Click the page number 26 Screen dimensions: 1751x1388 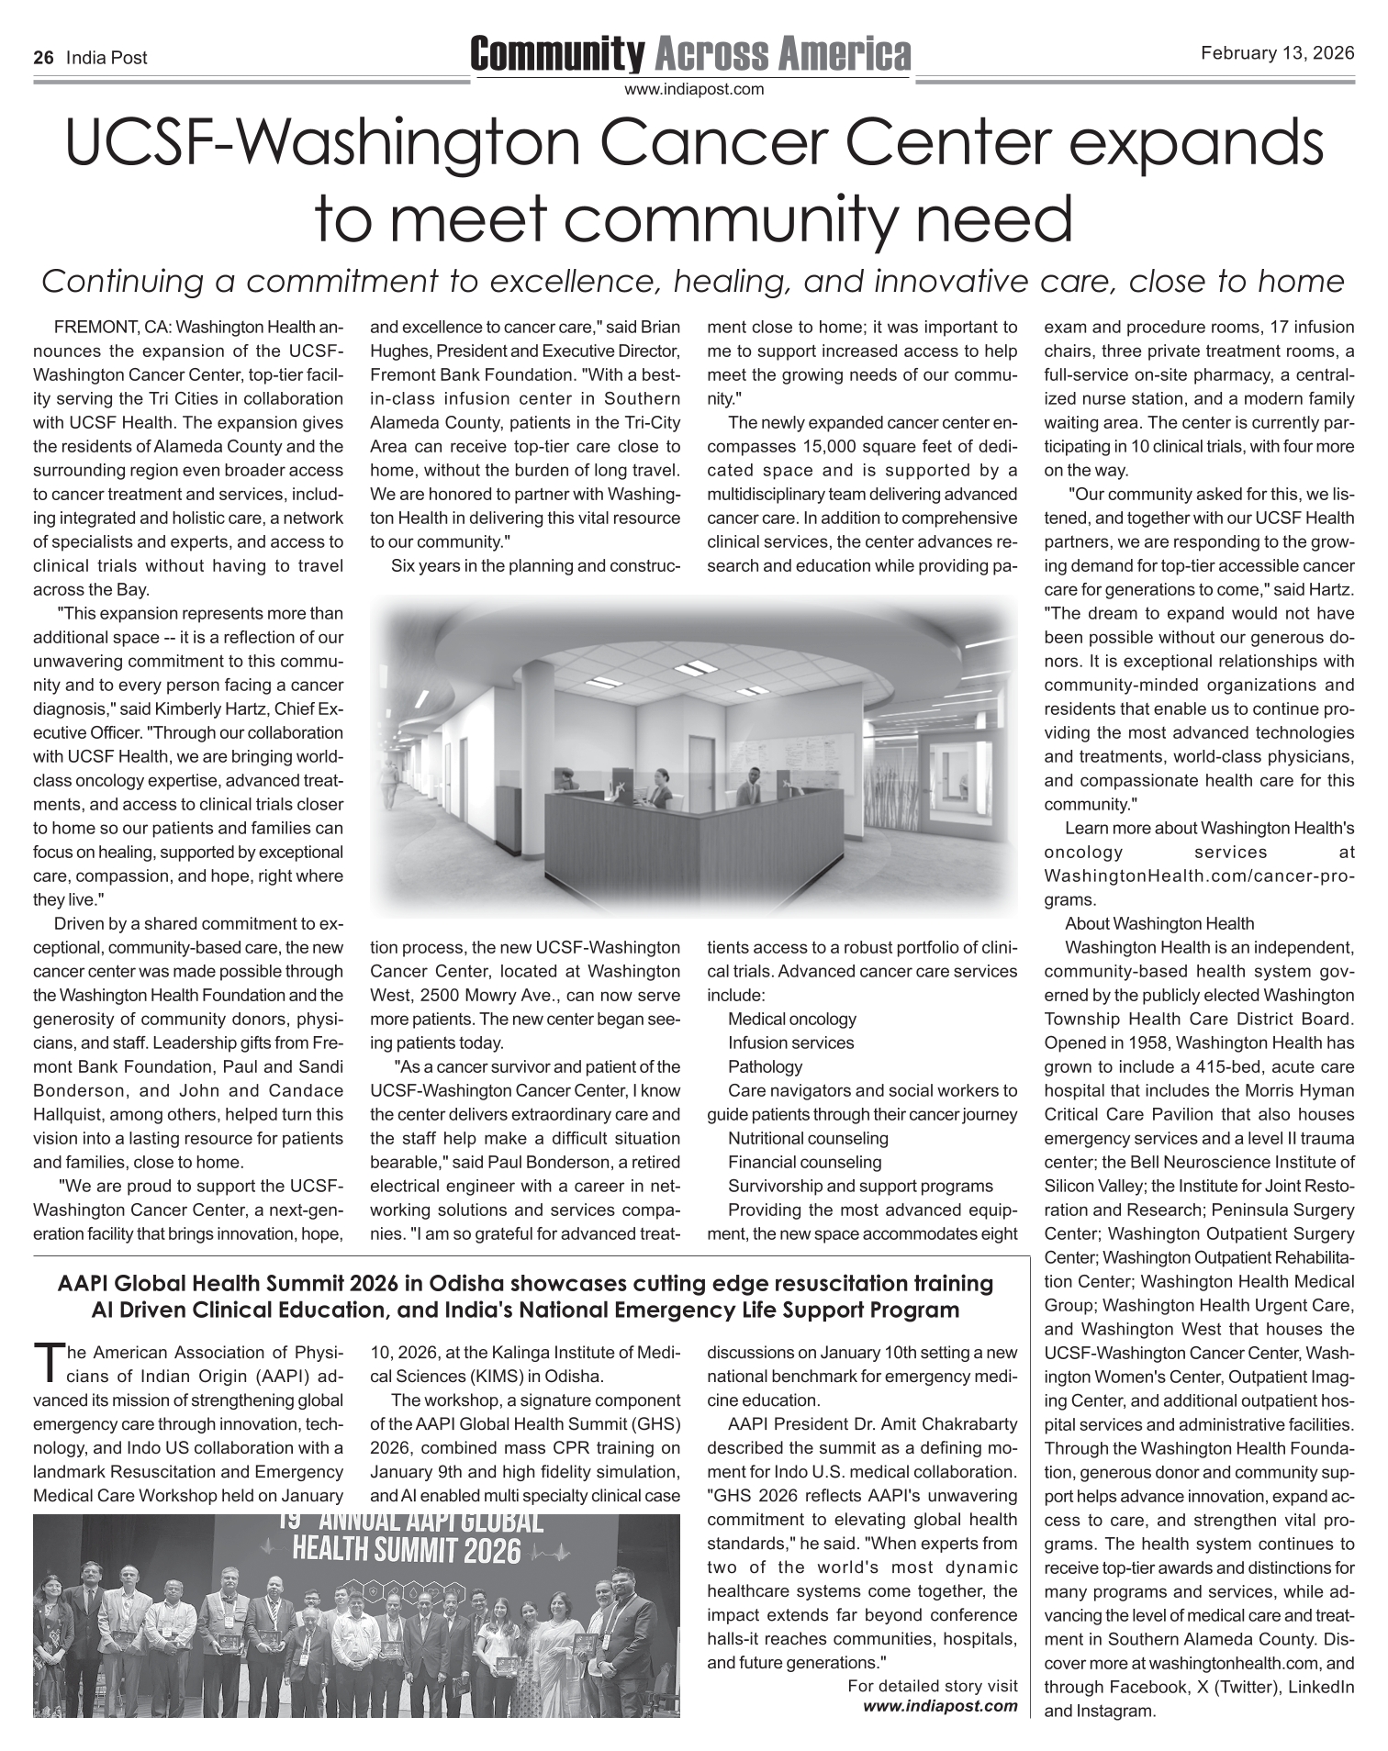pos(42,58)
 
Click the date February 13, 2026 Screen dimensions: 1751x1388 pos(1277,53)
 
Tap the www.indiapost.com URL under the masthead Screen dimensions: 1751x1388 pos(693,89)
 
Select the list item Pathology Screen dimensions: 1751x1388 pos(765,1066)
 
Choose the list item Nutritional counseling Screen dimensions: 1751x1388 pos(808,1138)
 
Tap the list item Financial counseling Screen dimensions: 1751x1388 pos(804,1162)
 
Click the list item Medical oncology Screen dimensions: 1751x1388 pos(791,1019)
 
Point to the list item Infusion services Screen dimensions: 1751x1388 pos(790,1043)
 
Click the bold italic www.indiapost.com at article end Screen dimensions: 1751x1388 pos(940,1705)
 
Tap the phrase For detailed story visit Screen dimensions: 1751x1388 pos(932,1686)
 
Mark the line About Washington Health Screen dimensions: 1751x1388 pos(1159,923)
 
